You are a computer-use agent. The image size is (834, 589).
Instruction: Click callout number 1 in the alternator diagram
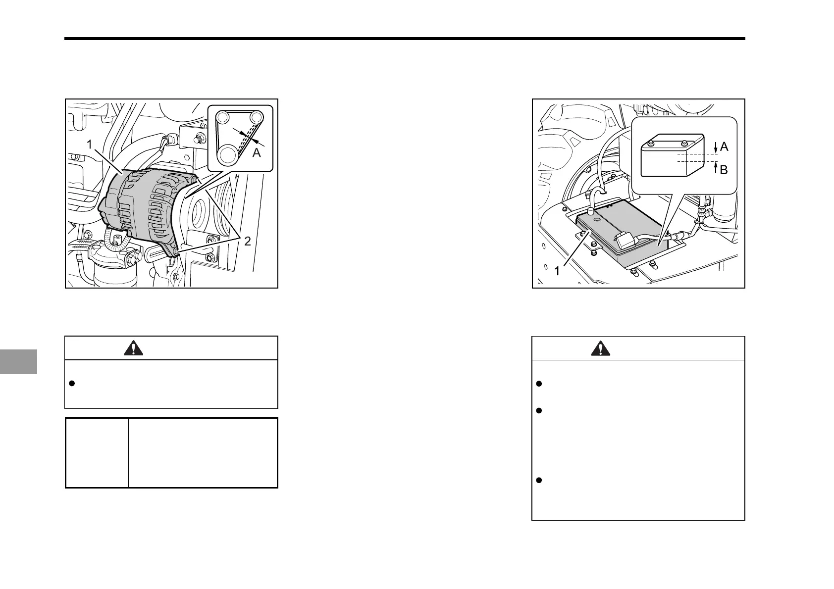pyautogui.click(x=90, y=145)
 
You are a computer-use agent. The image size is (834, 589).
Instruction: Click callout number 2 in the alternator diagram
pyautogui.click(x=246, y=241)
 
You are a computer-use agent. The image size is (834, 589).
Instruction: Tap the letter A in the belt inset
pyautogui.click(x=257, y=153)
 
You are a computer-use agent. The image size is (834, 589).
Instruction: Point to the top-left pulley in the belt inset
pyautogui.click(x=222, y=117)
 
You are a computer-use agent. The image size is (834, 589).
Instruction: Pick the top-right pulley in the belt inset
pyautogui.click(x=256, y=117)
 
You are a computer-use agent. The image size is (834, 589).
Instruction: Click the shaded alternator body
pyautogui.click(x=144, y=208)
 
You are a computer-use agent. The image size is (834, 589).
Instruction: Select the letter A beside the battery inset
pyautogui.click(x=724, y=147)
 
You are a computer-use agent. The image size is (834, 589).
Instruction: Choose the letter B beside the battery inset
pyautogui.click(x=724, y=170)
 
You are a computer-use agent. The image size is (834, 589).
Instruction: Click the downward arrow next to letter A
pyautogui.click(x=716, y=147)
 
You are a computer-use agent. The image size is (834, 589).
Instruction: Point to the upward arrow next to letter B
pyautogui.click(x=716, y=168)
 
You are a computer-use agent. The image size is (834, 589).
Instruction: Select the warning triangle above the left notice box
pyautogui.click(x=133, y=348)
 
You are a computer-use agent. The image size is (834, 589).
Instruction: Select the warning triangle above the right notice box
pyautogui.click(x=600, y=348)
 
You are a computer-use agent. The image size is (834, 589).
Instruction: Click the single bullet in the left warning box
pyautogui.click(x=72, y=384)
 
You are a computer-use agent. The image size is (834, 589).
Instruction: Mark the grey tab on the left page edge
pyautogui.click(x=18, y=361)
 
